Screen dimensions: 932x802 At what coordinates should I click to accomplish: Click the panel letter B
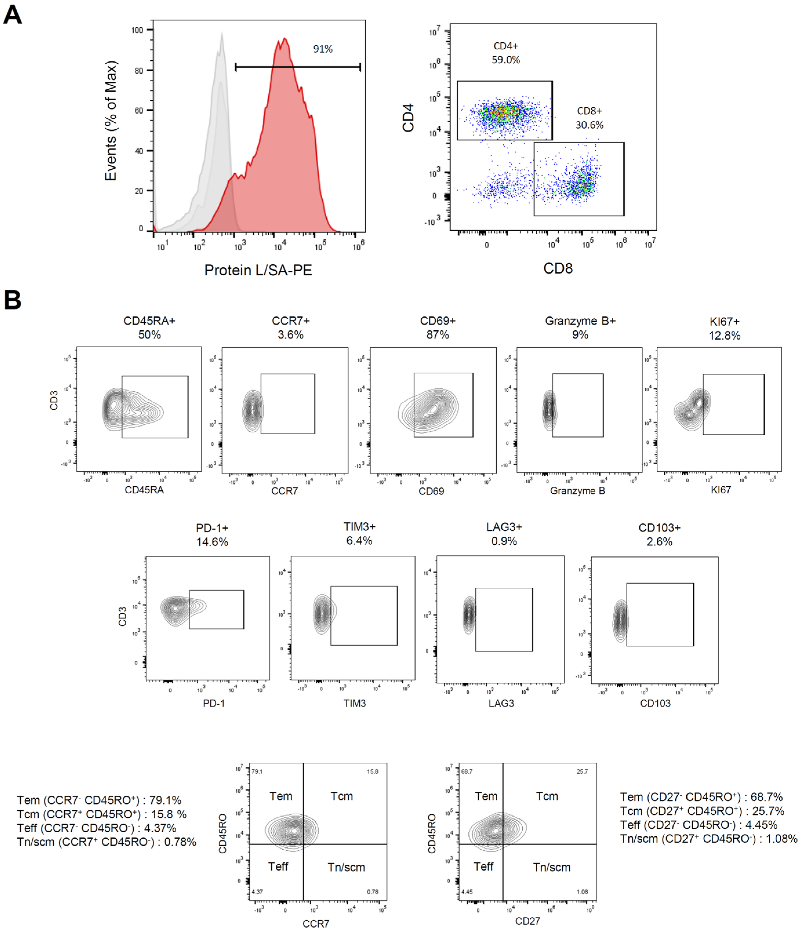pyautogui.click(x=12, y=300)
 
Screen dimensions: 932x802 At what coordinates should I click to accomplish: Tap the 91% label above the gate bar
pyautogui.click(x=323, y=49)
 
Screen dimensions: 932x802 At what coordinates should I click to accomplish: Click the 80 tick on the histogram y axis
pyautogui.click(x=139, y=71)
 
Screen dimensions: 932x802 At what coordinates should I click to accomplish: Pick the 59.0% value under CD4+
pyautogui.click(x=505, y=60)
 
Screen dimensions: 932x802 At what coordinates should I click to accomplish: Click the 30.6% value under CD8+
pyautogui.click(x=589, y=125)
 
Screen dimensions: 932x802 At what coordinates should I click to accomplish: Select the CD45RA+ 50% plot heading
pyautogui.click(x=149, y=327)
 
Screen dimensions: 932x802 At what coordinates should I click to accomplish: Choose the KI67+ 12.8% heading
pyautogui.click(x=724, y=328)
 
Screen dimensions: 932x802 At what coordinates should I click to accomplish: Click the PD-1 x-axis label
pyautogui.click(x=214, y=703)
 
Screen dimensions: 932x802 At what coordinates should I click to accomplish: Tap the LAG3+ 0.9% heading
pyautogui.click(x=504, y=534)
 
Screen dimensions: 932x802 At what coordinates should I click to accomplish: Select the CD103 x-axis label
pyautogui.click(x=655, y=703)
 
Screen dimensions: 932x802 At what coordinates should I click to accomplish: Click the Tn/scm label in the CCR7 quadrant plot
pyautogui.click(x=346, y=867)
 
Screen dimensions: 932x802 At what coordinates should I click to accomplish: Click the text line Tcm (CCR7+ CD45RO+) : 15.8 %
pyautogui.click(x=102, y=814)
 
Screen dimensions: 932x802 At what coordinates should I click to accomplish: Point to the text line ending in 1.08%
pyautogui.click(x=708, y=838)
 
